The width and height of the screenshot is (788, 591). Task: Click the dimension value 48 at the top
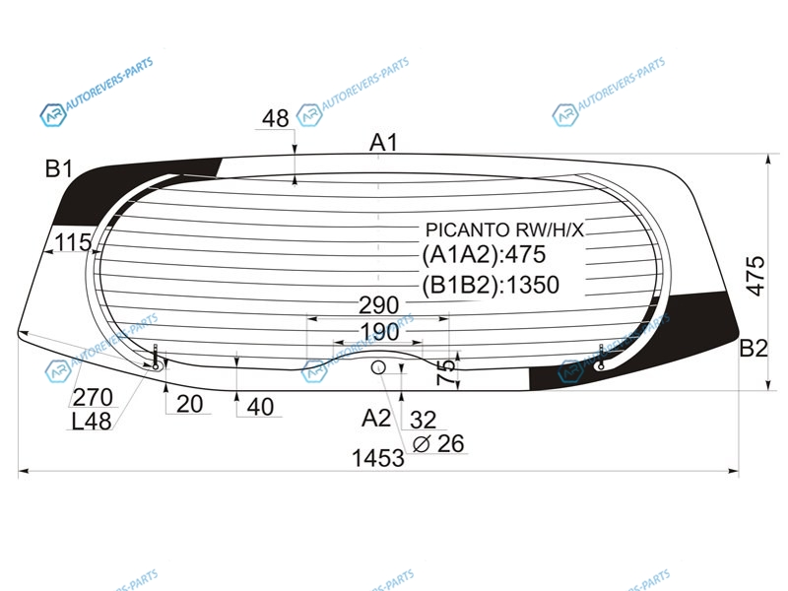(x=276, y=118)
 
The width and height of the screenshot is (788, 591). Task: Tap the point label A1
(x=383, y=143)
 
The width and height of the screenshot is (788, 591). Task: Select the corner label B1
(x=59, y=168)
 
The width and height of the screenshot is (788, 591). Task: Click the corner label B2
(x=754, y=348)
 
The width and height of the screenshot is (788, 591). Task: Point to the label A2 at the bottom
(x=376, y=418)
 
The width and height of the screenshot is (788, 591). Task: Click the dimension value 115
(x=73, y=242)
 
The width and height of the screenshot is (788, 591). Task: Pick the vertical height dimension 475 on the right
(x=755, y=276)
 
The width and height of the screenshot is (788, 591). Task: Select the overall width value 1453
(x=378, y=458)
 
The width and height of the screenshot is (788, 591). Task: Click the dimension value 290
(x=379, y=304)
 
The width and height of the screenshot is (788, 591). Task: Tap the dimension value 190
(x=380, y=332)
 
